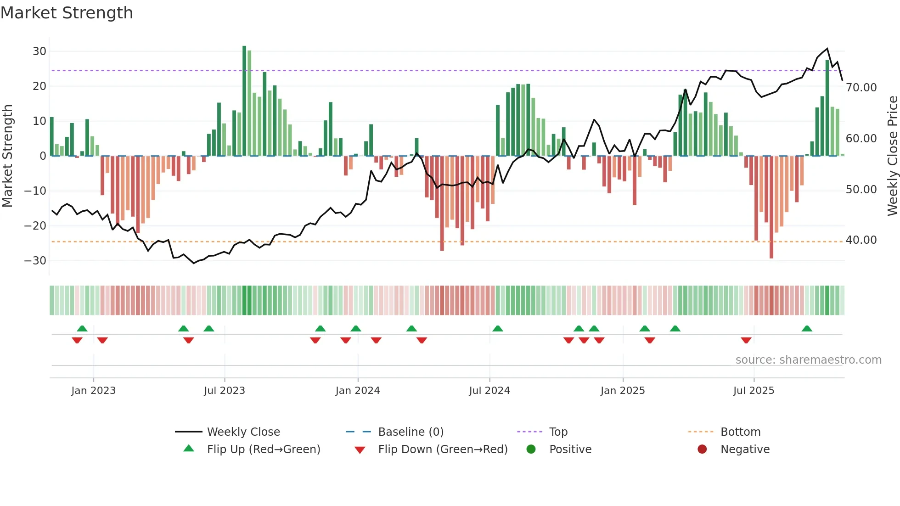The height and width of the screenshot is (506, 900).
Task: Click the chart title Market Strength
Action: click(x=67, y=13)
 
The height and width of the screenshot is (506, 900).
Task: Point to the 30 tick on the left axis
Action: click(x=39, y=51)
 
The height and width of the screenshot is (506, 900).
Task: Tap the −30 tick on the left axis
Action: click(x=35, y=261)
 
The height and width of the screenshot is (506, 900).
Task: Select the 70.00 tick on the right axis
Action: click(x=861, y=88)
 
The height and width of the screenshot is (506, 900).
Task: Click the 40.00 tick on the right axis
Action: click(x=861, y=240)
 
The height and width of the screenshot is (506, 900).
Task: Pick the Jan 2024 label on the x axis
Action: click(x=358, y=391)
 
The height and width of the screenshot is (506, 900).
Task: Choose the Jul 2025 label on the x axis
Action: click(x=754, y=391)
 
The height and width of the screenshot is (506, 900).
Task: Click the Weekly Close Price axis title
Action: click(x=892, y=156)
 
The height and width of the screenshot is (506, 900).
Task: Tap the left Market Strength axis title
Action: click(x=7, y=156)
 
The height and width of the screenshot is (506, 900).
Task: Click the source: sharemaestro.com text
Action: click(x=808, y=360)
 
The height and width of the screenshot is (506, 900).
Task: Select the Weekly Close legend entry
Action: click(x=243, y=432)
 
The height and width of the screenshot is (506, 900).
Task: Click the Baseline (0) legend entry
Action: click(x=411, y=432)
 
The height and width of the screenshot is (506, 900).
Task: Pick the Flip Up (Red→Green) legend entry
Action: click(x=263, y=450)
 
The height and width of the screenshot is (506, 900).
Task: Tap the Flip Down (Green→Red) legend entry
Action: click(x=443, y=450)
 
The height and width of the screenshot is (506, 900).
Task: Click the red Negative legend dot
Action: click(x=702, y=450)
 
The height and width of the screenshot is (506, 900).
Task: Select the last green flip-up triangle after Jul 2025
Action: click(x=807, y=328)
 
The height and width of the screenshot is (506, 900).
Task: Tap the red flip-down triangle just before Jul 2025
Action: click(x=746, y=340)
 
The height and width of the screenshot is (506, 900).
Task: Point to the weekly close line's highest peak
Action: click(x=827, y=49)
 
